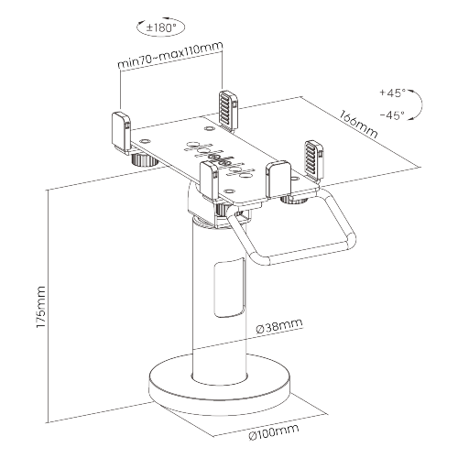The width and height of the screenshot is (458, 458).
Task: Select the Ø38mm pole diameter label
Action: click(x=279, y=325)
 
